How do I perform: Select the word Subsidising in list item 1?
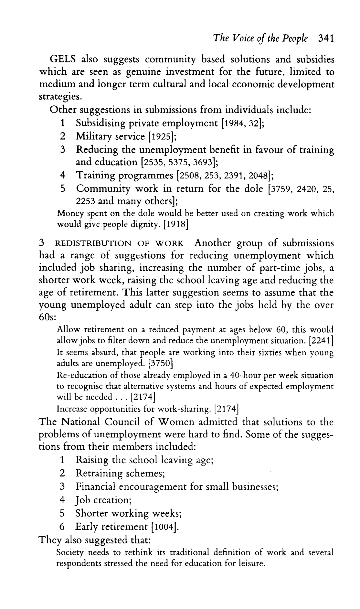101,123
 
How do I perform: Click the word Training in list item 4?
96,176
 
